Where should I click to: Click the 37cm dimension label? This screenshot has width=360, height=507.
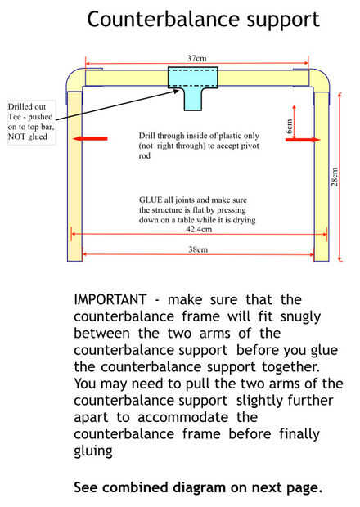196,58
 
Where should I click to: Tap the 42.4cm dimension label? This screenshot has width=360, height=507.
199,229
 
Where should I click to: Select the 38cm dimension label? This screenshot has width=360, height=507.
198,249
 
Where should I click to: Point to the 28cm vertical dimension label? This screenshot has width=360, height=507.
335,177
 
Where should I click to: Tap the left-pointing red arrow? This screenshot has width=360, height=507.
90,139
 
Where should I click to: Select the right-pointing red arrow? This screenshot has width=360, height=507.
303,140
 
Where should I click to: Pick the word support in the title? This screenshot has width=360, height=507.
283,20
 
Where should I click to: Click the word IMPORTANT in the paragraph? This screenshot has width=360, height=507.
110,299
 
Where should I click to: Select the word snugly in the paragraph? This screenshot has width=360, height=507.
300,317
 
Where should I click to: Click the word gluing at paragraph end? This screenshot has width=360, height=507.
93,451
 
